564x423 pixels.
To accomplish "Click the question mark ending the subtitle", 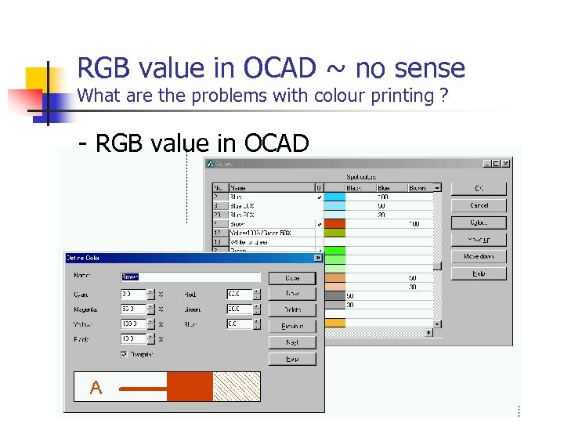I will pos(444,96).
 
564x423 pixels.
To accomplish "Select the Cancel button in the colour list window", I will pos(479,205).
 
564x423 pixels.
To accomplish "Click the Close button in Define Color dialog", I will pos(291,278).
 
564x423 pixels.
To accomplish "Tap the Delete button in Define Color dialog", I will pos(291,310).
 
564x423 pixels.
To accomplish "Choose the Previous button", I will pos(291,326).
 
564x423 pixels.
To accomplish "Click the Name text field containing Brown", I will pos(190,277).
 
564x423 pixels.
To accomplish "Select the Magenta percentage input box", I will pos(133,309).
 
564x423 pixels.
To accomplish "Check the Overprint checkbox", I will pos(125,354).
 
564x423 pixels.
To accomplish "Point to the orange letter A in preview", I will pos(96,388).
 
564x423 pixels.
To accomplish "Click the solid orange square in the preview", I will pos(190,387).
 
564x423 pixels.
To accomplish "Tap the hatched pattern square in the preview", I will pos(237,387).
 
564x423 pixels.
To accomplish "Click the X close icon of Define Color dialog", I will pos(318,258).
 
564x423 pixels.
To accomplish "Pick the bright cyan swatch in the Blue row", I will pos(334,197).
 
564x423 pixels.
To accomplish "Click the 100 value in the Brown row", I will pos(414,223).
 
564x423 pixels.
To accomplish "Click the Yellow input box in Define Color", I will pos(133,324).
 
